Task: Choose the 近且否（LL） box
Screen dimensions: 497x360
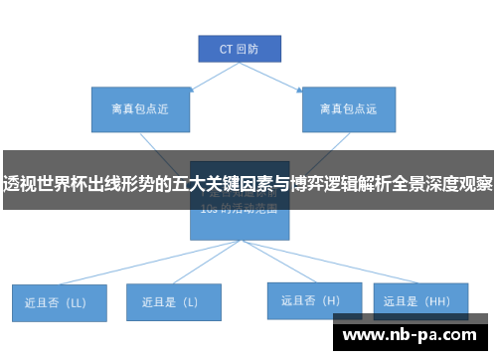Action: [60, 302]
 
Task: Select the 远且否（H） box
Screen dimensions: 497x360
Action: [310, 299]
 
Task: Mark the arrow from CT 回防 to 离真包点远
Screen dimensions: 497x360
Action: [298, 76]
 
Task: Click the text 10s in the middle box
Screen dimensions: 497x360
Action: [209, 210]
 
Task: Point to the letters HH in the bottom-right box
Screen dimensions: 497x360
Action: [435, 299]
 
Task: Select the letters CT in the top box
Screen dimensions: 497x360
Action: [226, 47]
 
